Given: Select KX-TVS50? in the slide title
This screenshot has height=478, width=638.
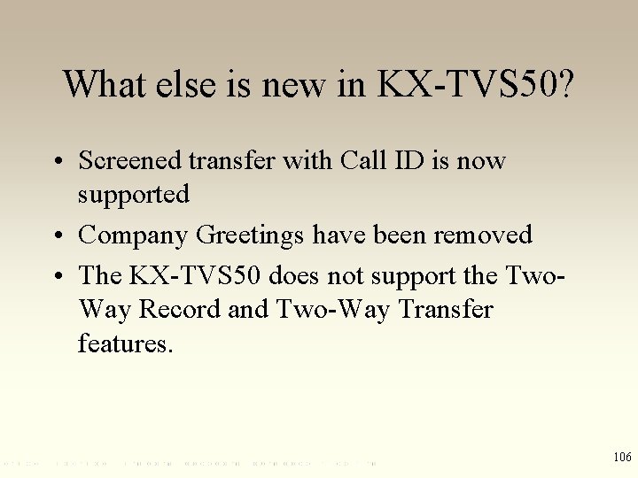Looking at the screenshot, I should coord(475,84).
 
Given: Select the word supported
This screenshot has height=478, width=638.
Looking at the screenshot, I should coord(133,194).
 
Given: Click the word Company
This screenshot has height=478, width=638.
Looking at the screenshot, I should coord(134,235).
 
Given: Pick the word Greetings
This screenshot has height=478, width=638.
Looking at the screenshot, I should coord(249,235).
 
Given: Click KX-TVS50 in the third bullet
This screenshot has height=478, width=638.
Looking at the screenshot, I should coord(196,275).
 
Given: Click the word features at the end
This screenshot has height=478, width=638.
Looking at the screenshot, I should coord(126,343).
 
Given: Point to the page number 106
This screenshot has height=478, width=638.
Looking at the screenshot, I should coord(621,457).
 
